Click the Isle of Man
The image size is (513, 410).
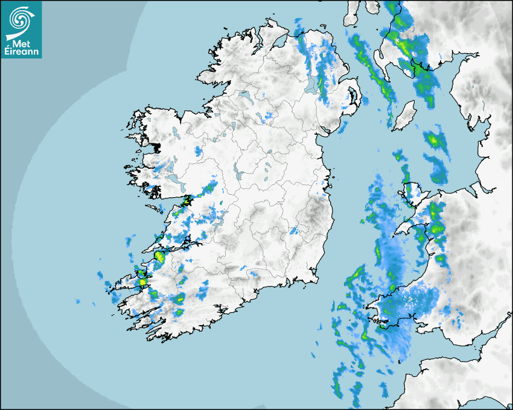pyautogui.click(x=404, y=115)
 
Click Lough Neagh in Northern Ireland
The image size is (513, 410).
pyautogui.click(x=311, y=84)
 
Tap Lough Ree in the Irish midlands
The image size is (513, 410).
pyautogui.click(x=238, y=175)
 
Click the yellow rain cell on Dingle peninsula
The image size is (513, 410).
pyautogui.click(x=142, y=281)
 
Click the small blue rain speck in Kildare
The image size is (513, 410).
pyautogui.click(x=295, y=230)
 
